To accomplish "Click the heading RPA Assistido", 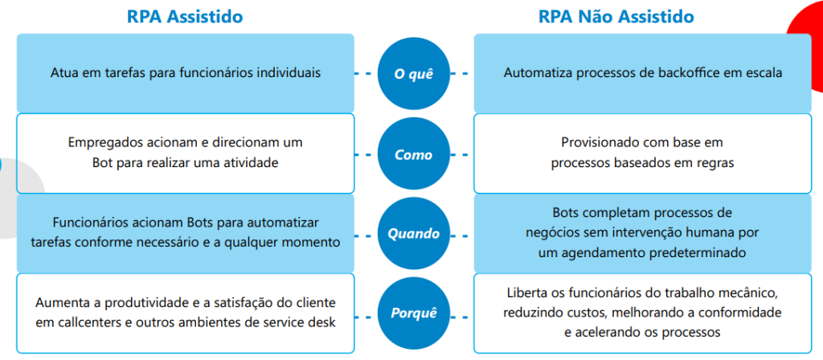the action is (x=185, y=16).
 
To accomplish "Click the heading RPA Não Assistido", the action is (x=616, y=16).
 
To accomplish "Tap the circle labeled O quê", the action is (x=414, y=73).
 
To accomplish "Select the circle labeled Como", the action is (x=414, y=154).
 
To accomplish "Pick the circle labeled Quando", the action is (x=414, y=234).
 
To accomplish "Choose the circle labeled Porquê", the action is (x=414, y=313).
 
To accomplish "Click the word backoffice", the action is (x=686, y=73).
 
